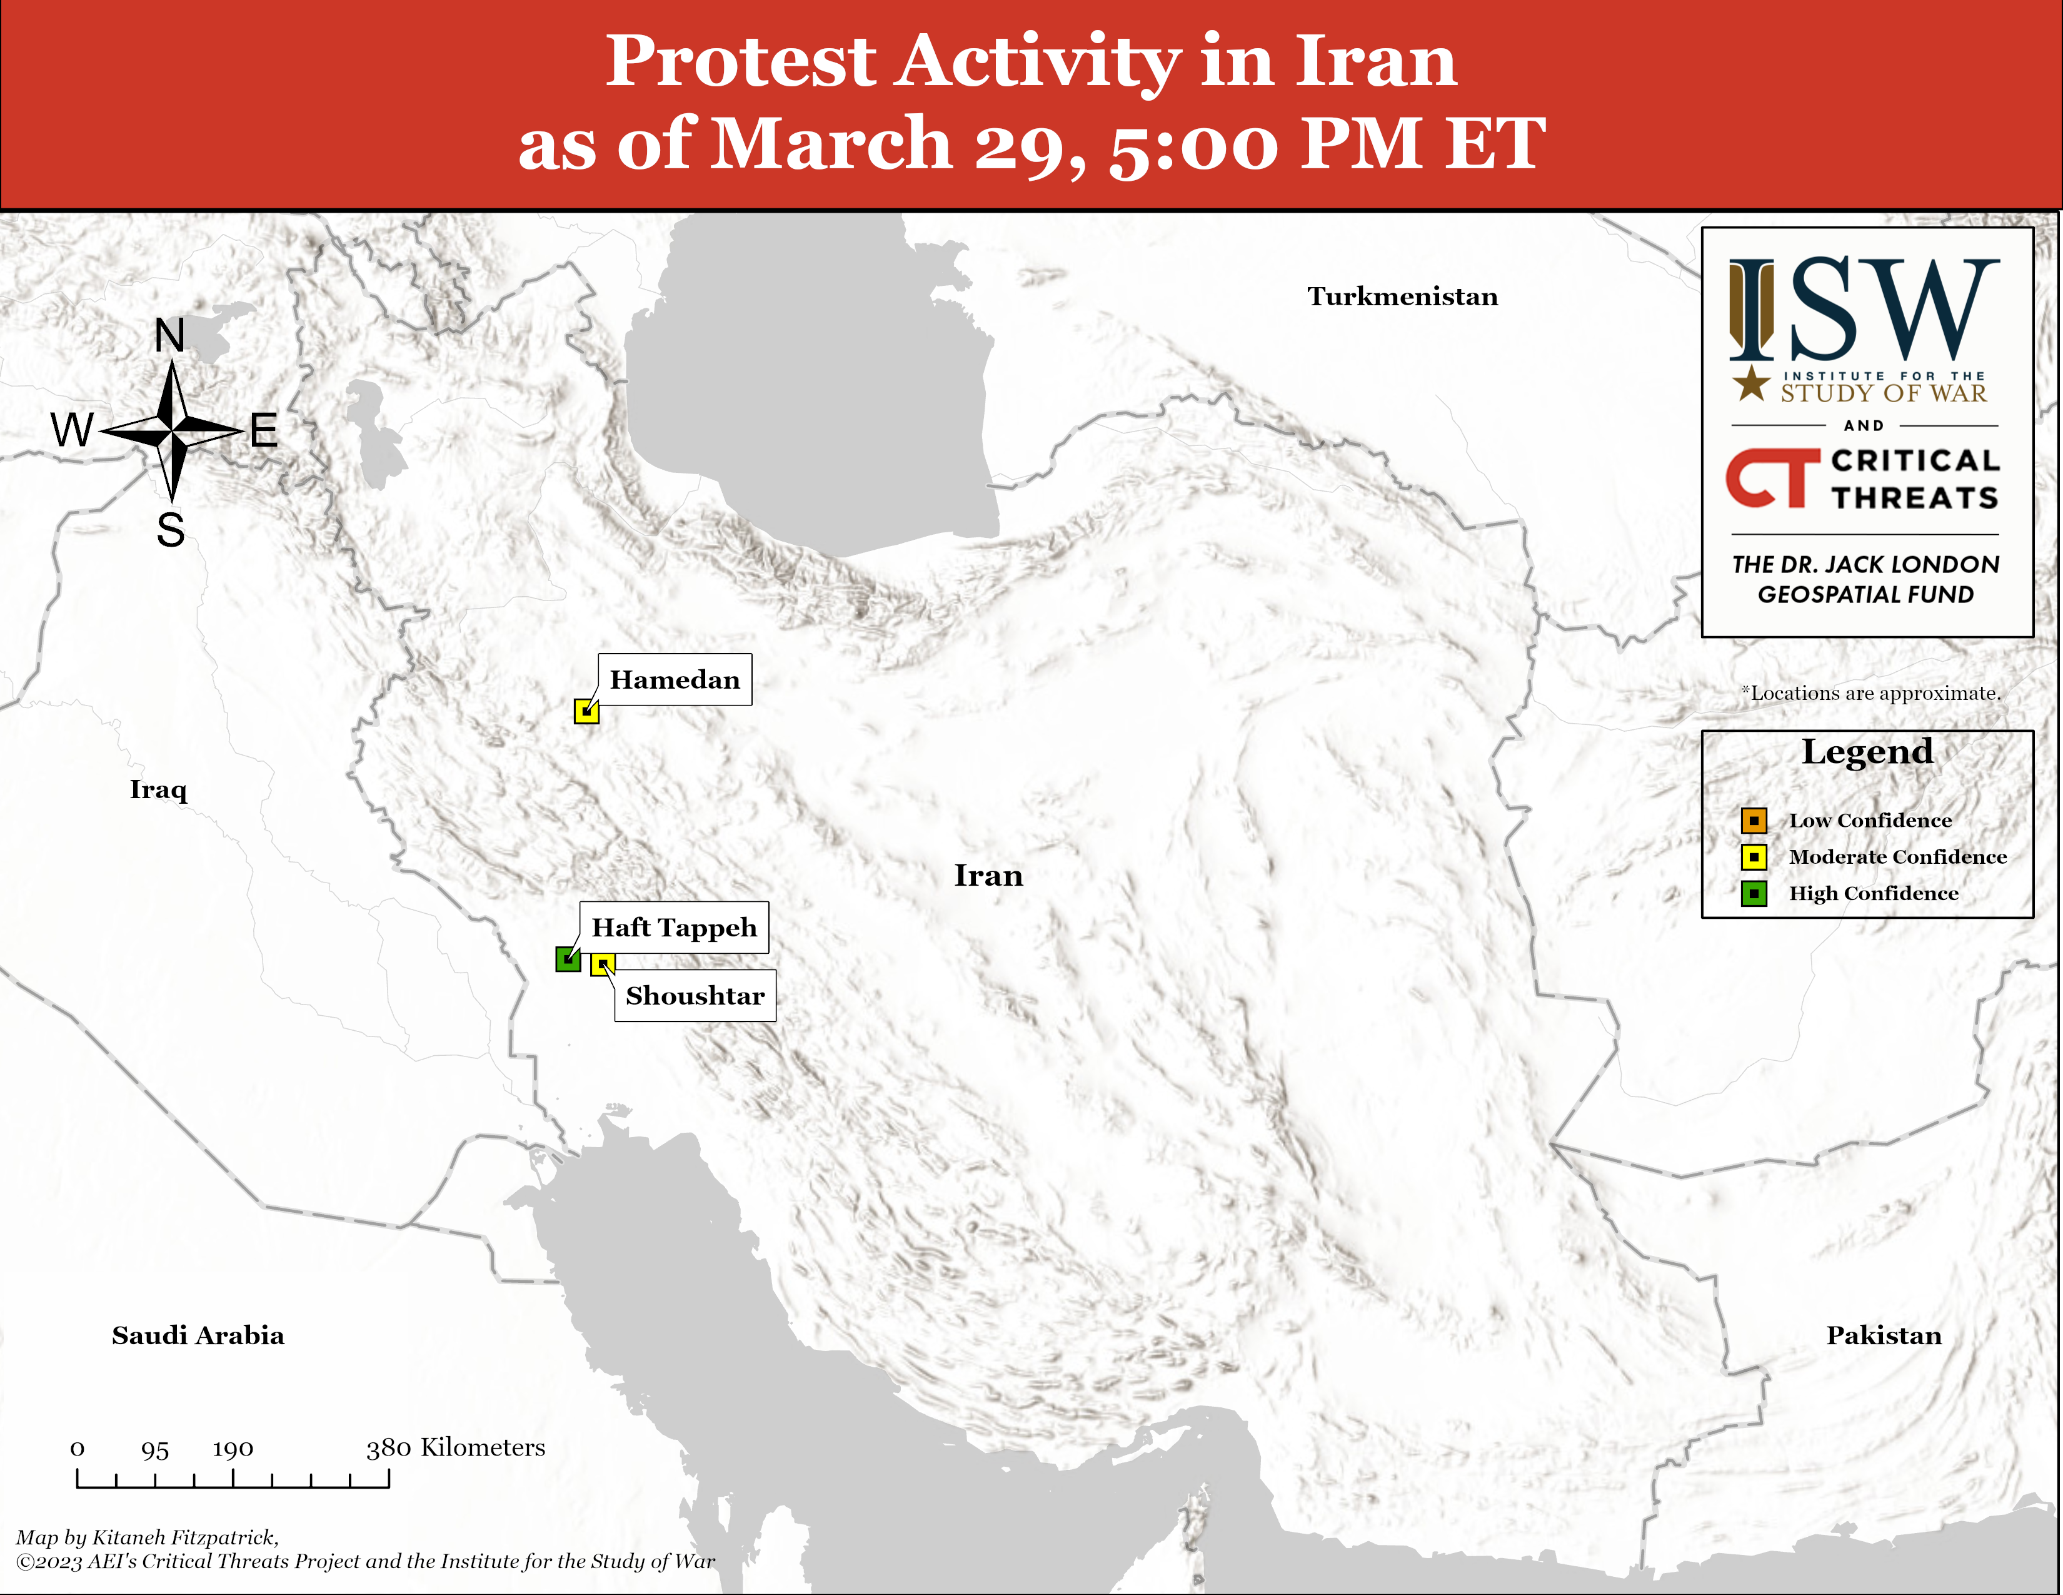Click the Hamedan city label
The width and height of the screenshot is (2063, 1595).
pos(675,679)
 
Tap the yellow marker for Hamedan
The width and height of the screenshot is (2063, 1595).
pos(586,711)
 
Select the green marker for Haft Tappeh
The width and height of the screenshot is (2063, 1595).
pos(568,959)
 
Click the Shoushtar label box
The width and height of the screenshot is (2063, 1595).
pos(695,995)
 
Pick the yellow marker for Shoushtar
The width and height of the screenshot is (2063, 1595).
pos(603,965)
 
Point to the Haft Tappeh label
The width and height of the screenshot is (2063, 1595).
pos(675,927)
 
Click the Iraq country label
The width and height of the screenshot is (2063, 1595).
pos(159,790)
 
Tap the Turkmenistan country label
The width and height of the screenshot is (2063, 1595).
pos(1403,296)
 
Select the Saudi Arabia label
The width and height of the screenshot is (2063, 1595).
pos(198,1335)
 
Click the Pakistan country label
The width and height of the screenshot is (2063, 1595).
pos(1884,1335)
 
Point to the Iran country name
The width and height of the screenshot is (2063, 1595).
pos(988,875)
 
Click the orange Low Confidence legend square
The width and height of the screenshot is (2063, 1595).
pos(1754,820)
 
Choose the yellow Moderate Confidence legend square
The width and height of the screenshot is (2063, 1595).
pos(1754,857)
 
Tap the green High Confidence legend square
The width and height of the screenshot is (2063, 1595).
pos(1754,894)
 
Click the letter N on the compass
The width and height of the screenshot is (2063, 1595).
pos(170,335)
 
